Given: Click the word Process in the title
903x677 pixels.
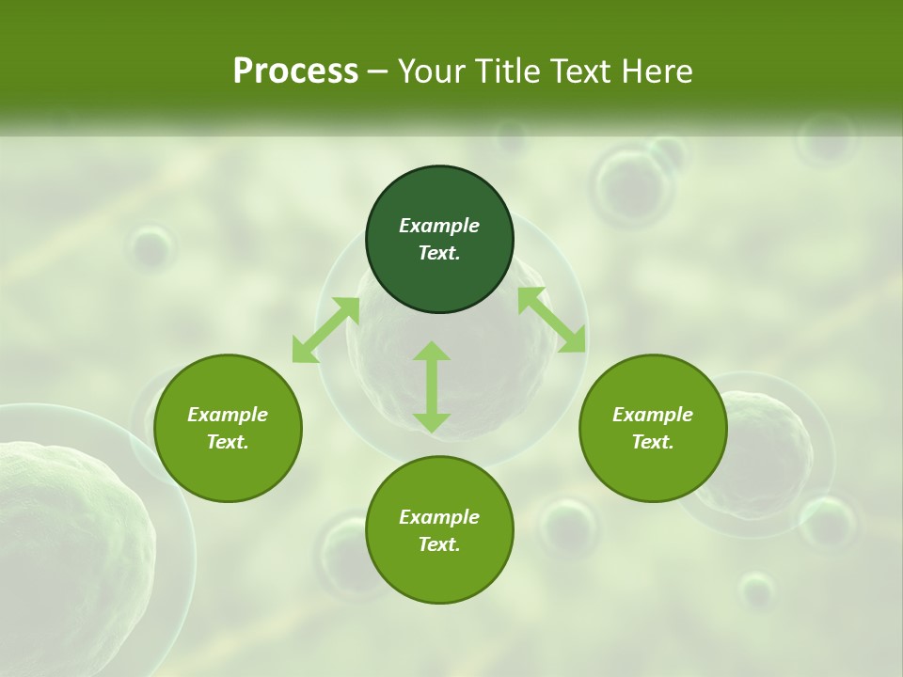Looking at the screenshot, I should pyautogui.click(x=295, y=71).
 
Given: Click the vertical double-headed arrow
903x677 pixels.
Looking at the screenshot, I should pyautogui.click(x=432, y=386).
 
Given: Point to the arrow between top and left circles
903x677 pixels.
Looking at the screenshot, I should pyautogui.click(x=325, y=330).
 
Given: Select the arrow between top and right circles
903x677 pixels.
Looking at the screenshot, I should pyautogui.click(x=551, y=320).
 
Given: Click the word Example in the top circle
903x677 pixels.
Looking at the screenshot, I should pyautogui.click(x=439, y=226).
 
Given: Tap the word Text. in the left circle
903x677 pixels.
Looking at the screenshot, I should pyautogui.click(x=228, y=442).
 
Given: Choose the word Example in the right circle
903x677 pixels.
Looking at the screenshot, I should pyautogui.click(x=653, y=415).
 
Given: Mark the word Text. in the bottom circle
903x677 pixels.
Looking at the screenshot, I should pyautogui.click(x=439, y=544).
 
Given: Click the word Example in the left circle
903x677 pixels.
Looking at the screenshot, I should pyautogui.click(x=228, y=415).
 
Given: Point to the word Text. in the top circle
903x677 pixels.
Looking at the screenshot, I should pyautogui.click(x=439, y=253).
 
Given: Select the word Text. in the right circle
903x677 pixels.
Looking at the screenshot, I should pyautogui.click(x=653, y=442).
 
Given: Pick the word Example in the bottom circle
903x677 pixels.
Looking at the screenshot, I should pyautogui.click(x=439, y=517).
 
